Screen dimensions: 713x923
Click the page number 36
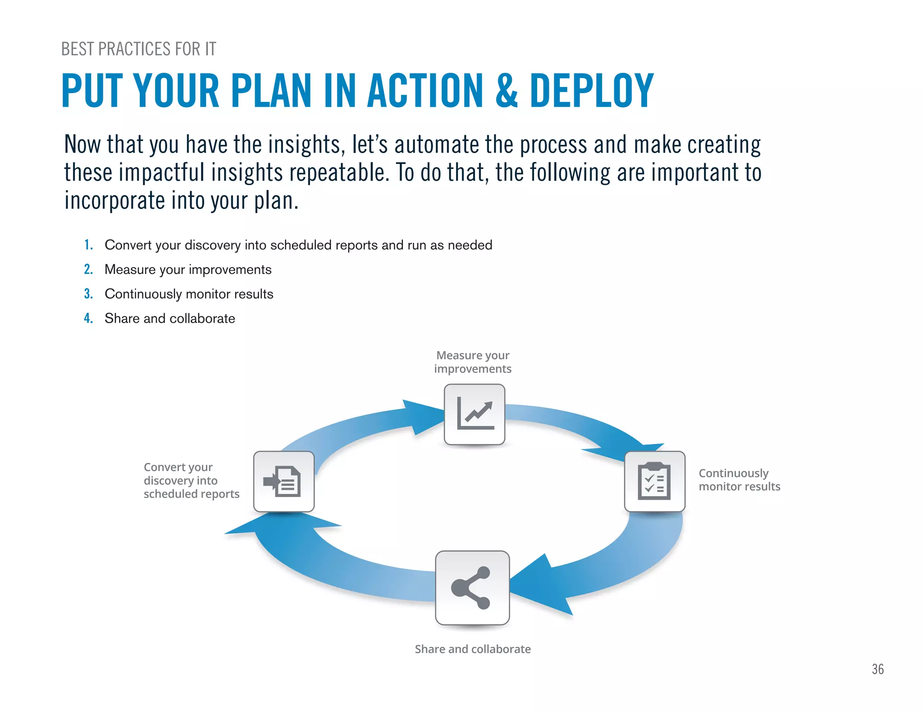click(x=877, y=669)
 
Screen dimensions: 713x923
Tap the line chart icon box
click(x=474, y=414)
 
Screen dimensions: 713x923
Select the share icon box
click(x=472, y=587)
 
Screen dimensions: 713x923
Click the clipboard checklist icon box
click(x=654, y=481)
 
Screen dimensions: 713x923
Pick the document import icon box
click(x=284, y=481)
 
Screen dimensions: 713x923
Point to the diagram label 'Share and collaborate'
click(x=472, y=649)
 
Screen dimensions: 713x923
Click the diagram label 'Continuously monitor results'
click(x=739, y=480)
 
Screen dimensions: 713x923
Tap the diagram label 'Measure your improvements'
click(x=473, y=362)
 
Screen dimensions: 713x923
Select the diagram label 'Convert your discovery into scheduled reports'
click(x=191, y=480)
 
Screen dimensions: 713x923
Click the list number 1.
click(x=88, y=245)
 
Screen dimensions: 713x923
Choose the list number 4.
click(x=88, y=318)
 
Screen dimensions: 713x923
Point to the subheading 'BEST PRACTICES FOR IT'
click(x=138, y=49)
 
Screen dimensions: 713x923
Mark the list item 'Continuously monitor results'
click(x=189, y=294)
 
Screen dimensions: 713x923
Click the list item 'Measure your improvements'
click(x=188, y=270)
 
